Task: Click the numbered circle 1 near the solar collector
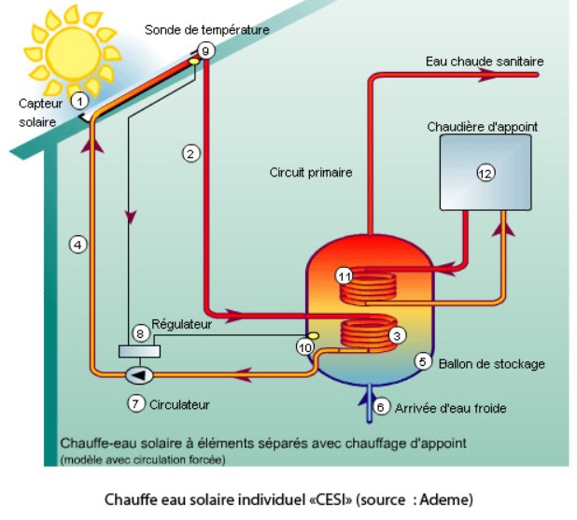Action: pos(80,99)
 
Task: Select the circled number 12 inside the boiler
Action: pos(485,173)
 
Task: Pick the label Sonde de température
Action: pos(206,30)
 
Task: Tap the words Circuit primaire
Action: pos(311,173)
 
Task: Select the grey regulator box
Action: pos(139,351)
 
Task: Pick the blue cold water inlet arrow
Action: pos(366,400)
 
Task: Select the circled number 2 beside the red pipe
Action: pos(191,153)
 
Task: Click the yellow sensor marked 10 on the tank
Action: pos(313,334)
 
